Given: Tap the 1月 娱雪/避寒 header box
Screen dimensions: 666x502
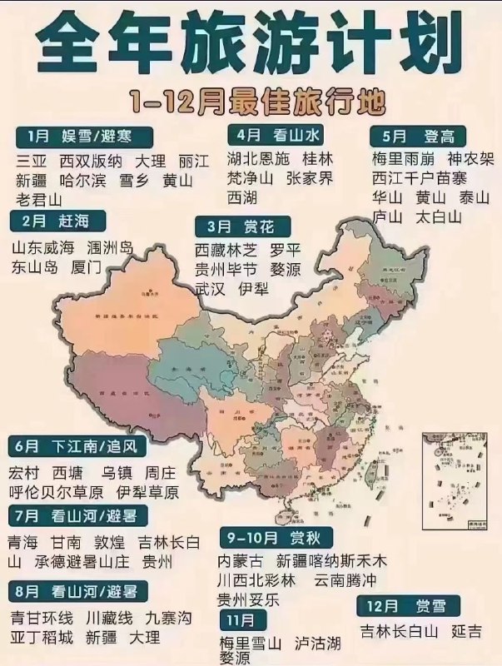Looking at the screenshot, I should [83, 135].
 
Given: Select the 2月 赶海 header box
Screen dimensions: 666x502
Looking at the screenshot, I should [59, 221].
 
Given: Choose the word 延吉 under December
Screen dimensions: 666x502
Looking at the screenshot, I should [466, 631].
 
